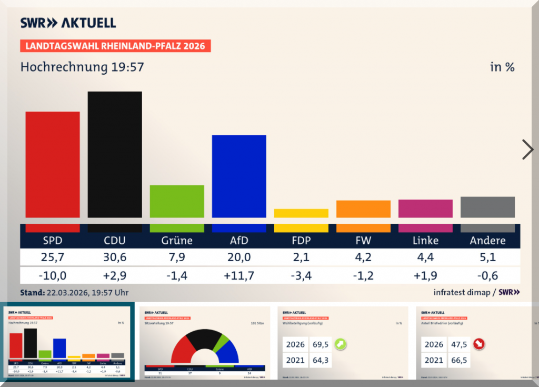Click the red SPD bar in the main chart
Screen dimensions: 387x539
click(53, 164)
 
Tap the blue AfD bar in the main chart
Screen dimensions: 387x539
click(239, 176)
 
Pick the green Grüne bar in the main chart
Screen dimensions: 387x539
click(177, 201)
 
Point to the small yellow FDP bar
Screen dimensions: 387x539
click(301, 213)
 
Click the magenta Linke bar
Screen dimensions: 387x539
click(425, 209)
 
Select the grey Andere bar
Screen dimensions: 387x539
click(487, 207)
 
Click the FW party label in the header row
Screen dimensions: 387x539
click(363, 241)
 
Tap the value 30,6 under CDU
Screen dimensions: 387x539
click(115, 258)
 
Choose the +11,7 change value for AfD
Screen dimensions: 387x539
click(239, 275)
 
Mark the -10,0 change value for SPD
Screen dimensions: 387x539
click(53, 275)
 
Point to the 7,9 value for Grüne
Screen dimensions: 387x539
click(177, 258)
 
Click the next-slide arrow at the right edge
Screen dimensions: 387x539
click(527, 150)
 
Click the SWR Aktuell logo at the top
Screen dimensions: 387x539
click(68, 23)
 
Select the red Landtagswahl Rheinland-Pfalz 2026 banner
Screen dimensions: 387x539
click(115, 46)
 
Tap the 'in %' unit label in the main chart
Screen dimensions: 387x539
click(502, 67)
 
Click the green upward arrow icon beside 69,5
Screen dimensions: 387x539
click(342, 344)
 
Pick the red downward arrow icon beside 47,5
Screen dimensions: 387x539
click(479, 344)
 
